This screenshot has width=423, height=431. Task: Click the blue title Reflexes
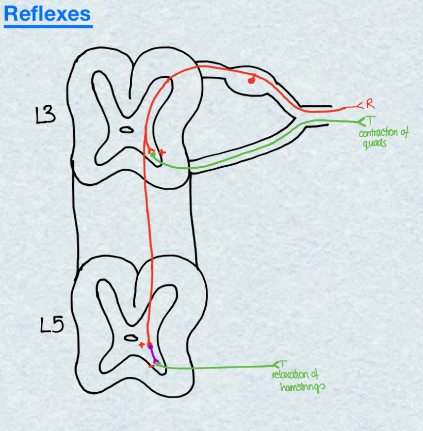[x=47, y=14]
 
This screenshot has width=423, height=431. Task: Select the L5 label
[x=52, y=325]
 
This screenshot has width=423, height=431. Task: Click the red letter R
[x=369, y=104]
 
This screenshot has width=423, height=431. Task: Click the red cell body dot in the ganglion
[x=251, y=80]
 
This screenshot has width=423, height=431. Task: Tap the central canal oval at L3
[x=125, y=130]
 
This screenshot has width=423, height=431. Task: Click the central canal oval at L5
[x=129, y=338]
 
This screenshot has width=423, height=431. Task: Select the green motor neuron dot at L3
[x=153, y=154]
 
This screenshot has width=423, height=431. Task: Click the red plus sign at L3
[x=162, y=152]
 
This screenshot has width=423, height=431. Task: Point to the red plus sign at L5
[x=141, y=344]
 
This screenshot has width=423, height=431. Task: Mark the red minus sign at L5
[x=151, y=366]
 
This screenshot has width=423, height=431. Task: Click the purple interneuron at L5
[x=153, y=355]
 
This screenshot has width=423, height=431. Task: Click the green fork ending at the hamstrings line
[x=280, y=365]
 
